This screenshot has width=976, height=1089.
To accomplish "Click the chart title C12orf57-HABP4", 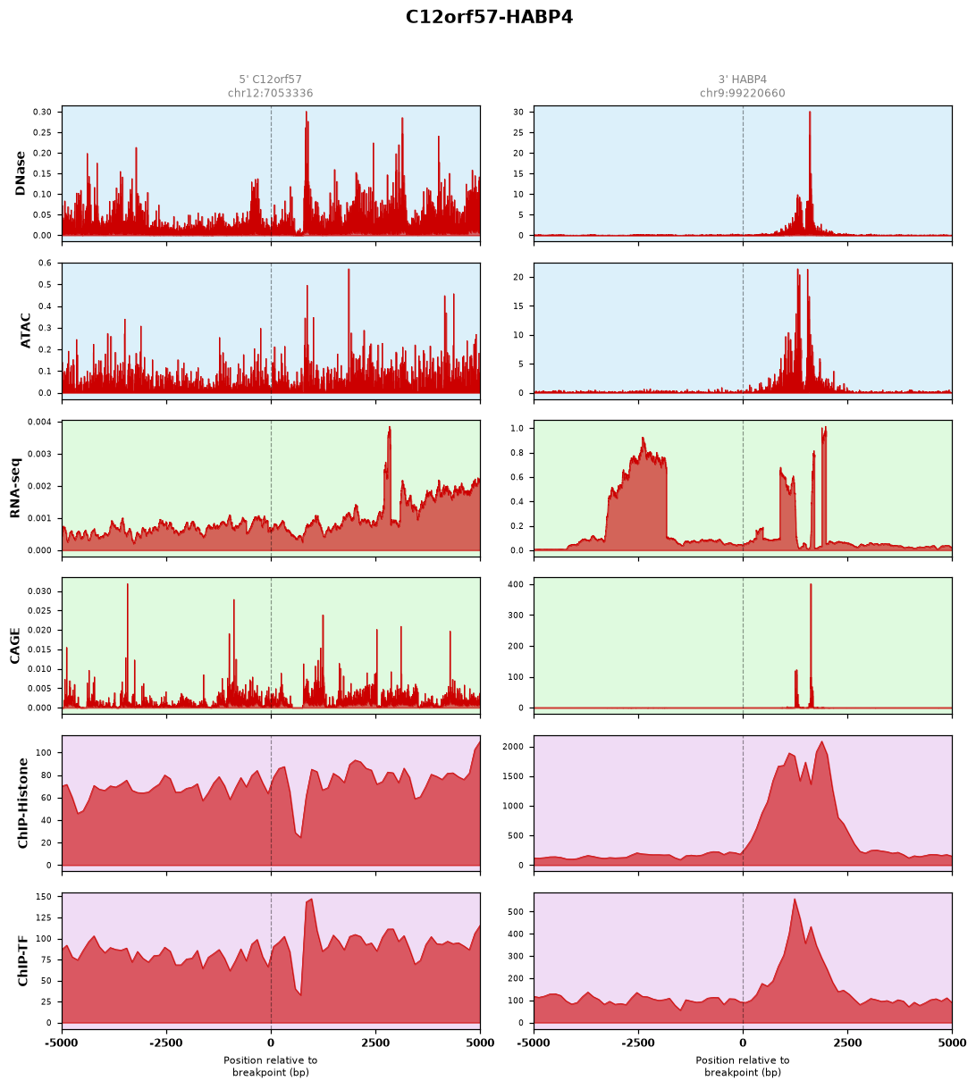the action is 489,17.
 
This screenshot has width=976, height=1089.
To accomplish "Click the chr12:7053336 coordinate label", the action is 270,93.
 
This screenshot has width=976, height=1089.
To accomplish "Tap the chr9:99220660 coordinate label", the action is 742,93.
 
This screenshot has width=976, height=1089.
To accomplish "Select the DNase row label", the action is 21,173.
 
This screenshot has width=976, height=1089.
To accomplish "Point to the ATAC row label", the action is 25,331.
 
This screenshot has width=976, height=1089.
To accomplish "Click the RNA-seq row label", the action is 15,488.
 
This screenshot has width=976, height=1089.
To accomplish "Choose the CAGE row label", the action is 14,646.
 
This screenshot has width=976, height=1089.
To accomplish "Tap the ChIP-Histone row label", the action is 22,803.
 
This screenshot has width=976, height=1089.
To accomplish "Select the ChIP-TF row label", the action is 22,960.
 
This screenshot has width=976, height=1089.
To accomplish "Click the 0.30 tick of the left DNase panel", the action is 43,112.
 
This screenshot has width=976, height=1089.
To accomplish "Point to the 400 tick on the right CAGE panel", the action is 517,584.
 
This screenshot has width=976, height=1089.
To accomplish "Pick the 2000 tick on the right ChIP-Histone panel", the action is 514,747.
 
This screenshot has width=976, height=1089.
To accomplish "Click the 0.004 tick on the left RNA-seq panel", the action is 40,422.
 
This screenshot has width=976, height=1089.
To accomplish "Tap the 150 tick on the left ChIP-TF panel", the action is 45,897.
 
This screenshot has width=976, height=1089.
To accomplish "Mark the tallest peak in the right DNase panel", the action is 809,112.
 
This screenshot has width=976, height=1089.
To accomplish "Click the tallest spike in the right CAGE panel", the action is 811,584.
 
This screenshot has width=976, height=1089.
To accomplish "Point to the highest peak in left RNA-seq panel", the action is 390,427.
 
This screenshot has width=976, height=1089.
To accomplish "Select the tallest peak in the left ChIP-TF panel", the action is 311,899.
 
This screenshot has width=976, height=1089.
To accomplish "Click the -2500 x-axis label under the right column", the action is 638,1043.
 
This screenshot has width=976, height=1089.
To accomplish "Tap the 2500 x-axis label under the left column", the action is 375,1043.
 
